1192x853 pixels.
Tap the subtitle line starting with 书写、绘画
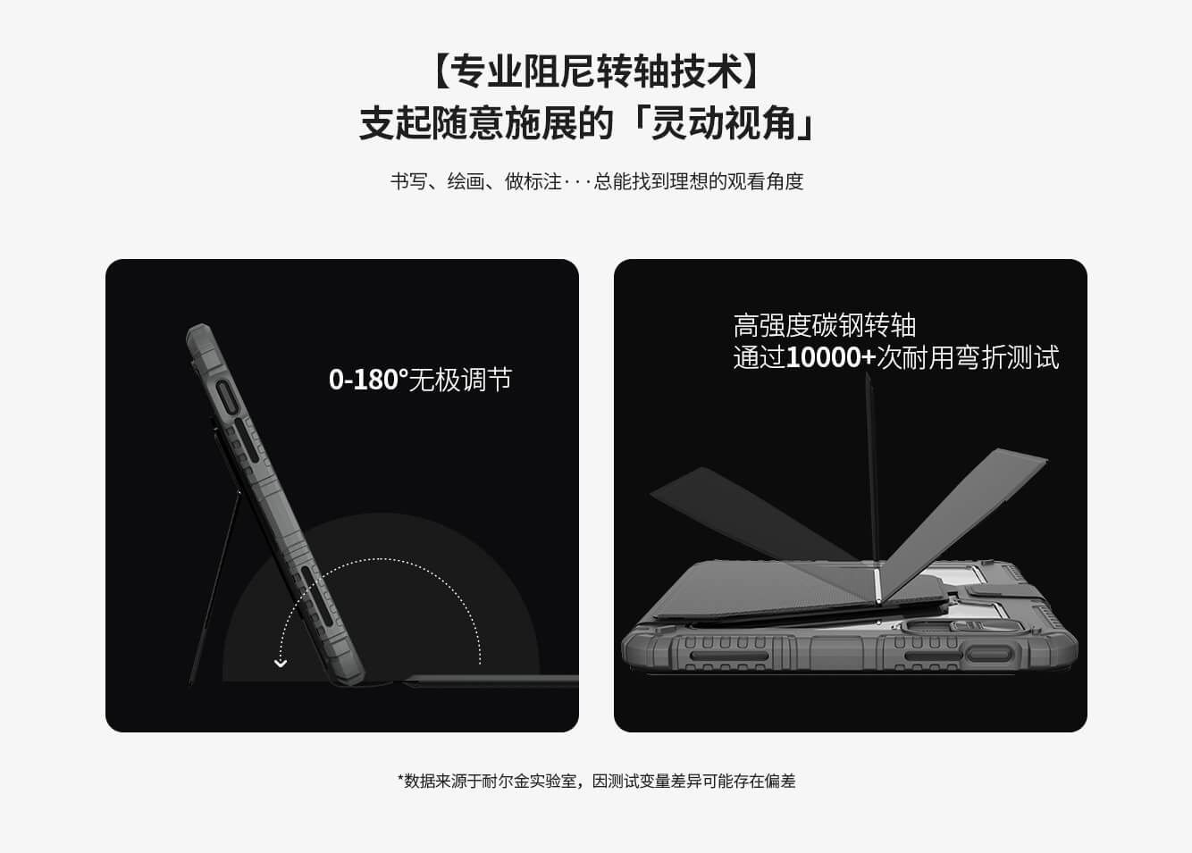(x=596, y=181)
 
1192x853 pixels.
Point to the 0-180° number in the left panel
(x=367, y=380)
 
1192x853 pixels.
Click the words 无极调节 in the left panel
(x=461, y=380)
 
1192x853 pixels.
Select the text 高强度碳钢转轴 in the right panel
(x=824, y=325)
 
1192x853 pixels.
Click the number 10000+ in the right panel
(x=831, y=358)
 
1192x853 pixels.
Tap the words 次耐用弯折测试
(x=969, y=358)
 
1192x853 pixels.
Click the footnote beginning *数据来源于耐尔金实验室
(x=596, y=781)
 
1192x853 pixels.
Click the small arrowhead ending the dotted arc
(x=281, y=663)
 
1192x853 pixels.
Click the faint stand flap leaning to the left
(x=742, y=518)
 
